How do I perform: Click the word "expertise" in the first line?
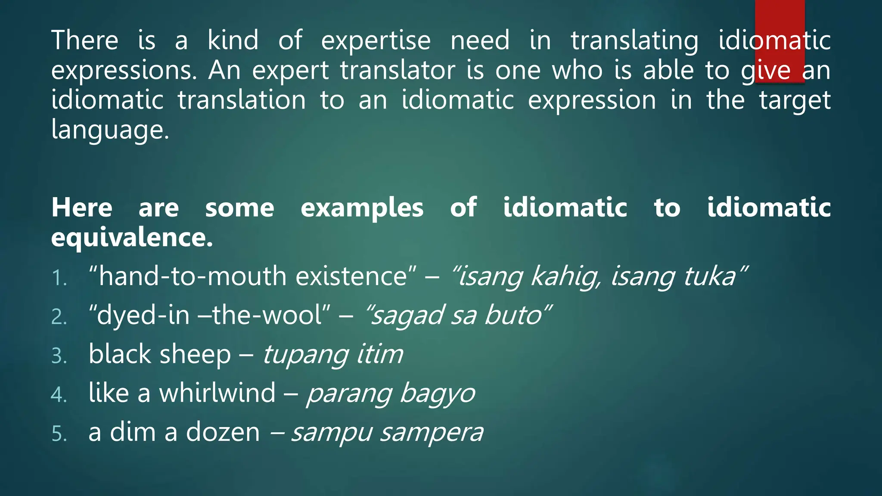pos(376,40)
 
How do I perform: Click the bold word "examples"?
pos(362,208)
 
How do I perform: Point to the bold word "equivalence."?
pos(132,238)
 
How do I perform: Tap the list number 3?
pos(59,356)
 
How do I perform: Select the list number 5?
pos(59,434)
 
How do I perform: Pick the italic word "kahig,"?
pos(565,276)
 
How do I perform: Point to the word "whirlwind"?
pos(217,393)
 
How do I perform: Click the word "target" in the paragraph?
pos(795,101)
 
